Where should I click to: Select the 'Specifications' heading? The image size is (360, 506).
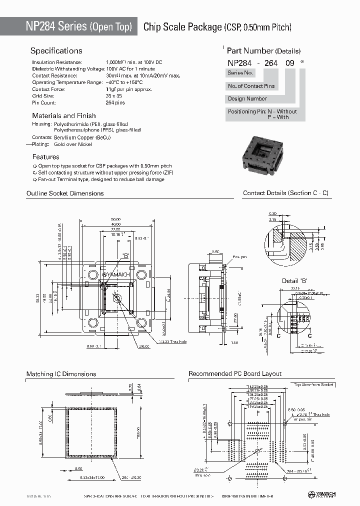[56, 51]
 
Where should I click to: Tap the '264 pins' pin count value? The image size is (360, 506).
[115, 102]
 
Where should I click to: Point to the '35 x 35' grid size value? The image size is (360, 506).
[114, 95]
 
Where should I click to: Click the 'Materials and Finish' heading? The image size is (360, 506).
[64, 115]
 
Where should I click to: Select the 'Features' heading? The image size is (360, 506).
[45, 156]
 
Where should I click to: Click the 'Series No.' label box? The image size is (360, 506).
[240, 73]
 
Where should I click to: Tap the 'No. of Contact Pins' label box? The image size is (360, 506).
[251, 86]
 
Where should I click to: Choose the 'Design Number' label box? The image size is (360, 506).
[247, 99]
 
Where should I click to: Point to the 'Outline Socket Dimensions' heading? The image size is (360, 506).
[65, 193]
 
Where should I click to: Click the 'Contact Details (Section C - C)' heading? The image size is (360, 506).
[285, 193]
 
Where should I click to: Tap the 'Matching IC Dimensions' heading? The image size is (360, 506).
[61, 374]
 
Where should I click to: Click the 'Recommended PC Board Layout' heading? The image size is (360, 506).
[235, 374]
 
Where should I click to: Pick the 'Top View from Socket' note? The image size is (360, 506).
[313, 384]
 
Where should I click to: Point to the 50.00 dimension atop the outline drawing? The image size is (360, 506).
[115, 219]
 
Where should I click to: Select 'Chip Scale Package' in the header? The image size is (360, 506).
[182, 27]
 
